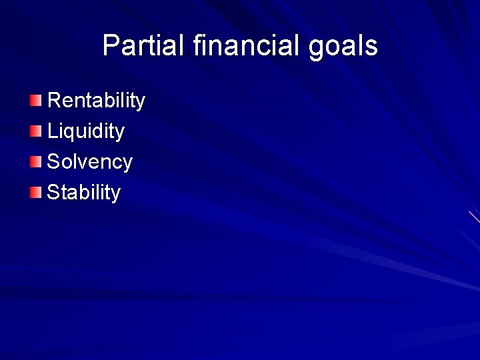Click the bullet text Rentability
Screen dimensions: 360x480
(96, 101)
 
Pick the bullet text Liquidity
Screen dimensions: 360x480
(85, 131)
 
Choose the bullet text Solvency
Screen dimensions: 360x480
(89, 162)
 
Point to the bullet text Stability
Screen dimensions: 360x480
(83, 193)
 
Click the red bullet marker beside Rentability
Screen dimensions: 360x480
(35, 101)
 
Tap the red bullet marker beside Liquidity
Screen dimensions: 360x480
(35, 131)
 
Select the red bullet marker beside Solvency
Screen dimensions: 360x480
(35, 162)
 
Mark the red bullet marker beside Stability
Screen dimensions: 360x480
(35, 193)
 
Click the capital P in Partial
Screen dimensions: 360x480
(111, 46)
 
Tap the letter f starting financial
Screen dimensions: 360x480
(196, 46)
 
